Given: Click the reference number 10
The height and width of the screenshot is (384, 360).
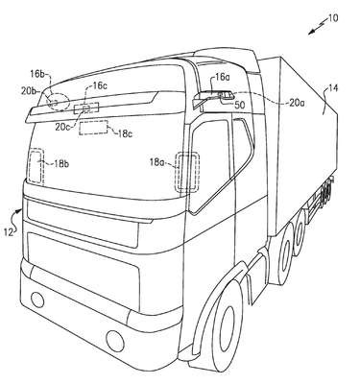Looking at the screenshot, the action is click(333, 18).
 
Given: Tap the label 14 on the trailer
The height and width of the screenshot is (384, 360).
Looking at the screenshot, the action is click(333, 87).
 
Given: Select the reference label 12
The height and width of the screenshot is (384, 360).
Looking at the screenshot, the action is click(9, 232).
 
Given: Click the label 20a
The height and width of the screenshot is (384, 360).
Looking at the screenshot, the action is click(297, 103).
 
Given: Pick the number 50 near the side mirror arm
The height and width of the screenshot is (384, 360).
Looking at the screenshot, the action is click(239, 105).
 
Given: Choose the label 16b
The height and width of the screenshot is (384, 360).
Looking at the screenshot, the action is click(37, 74).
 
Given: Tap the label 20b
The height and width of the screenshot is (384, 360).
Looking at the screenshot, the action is click(29, 90).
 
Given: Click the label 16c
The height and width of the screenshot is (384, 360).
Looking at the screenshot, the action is click(100, 85).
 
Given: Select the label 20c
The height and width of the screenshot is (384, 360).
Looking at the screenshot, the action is click(62, 127).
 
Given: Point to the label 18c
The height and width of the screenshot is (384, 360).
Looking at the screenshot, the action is click(125, 133).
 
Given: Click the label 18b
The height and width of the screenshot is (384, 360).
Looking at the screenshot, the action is click(61, 164).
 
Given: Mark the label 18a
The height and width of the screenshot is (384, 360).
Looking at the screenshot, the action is click(156, 162).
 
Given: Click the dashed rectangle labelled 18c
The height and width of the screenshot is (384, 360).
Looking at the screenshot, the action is click(94, 128).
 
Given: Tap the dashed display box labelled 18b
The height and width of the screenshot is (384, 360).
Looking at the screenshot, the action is click(36, 166).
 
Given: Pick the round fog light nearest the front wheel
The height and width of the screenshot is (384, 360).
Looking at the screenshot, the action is click(115, 341).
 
